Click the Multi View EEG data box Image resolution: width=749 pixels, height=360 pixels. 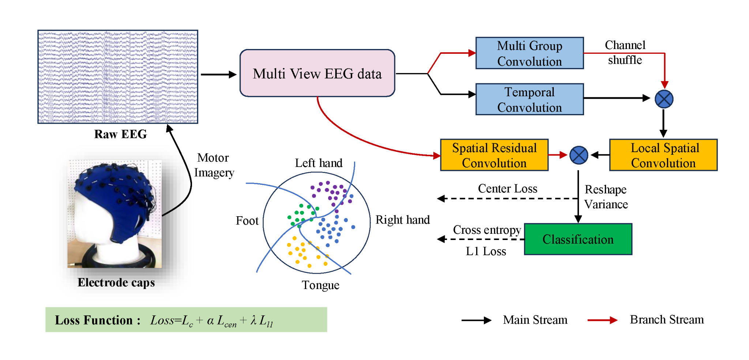[x=317, y=73]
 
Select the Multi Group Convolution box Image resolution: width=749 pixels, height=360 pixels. [x=529, y=53]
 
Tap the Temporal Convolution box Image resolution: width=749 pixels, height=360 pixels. [x=529, y=99]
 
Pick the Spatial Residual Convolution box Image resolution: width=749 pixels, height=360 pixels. [x=494, y=155]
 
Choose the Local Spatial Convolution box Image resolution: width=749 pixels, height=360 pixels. [x=663, y=155]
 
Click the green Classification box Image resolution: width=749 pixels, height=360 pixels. [x=578, y=239]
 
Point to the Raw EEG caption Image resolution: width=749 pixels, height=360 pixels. [x=120, y=134]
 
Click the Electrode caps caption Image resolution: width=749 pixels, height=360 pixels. [x=116, y=282]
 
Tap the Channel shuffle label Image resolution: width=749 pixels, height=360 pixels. [x=625, y=52]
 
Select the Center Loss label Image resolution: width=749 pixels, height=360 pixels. [x=507, y=188]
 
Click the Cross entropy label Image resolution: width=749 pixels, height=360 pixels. [x=487, y=230]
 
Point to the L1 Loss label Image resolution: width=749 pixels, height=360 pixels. [x=486, y=251]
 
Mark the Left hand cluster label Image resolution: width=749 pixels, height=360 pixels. [x=319, y=163]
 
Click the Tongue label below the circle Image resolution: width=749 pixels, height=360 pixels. [x=320, y=285]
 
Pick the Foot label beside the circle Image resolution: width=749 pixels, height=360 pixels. [x=247, y=221]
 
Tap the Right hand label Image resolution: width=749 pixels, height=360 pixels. [x=403, y=220]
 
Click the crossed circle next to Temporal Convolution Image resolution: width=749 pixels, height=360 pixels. [x=664, y=99]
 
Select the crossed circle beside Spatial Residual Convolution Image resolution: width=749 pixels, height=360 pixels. [x=579, y=155]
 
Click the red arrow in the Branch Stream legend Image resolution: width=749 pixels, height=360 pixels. [x=602, y=320]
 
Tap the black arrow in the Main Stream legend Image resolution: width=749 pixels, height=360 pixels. [x=476, y=320]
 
